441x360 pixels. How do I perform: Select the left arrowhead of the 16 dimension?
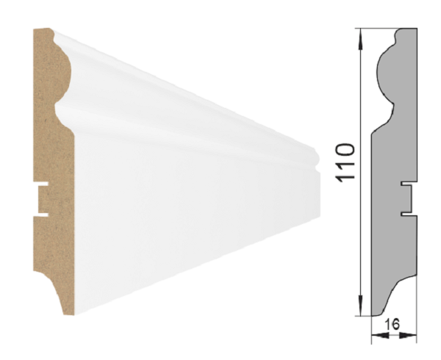click(375, 336)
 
